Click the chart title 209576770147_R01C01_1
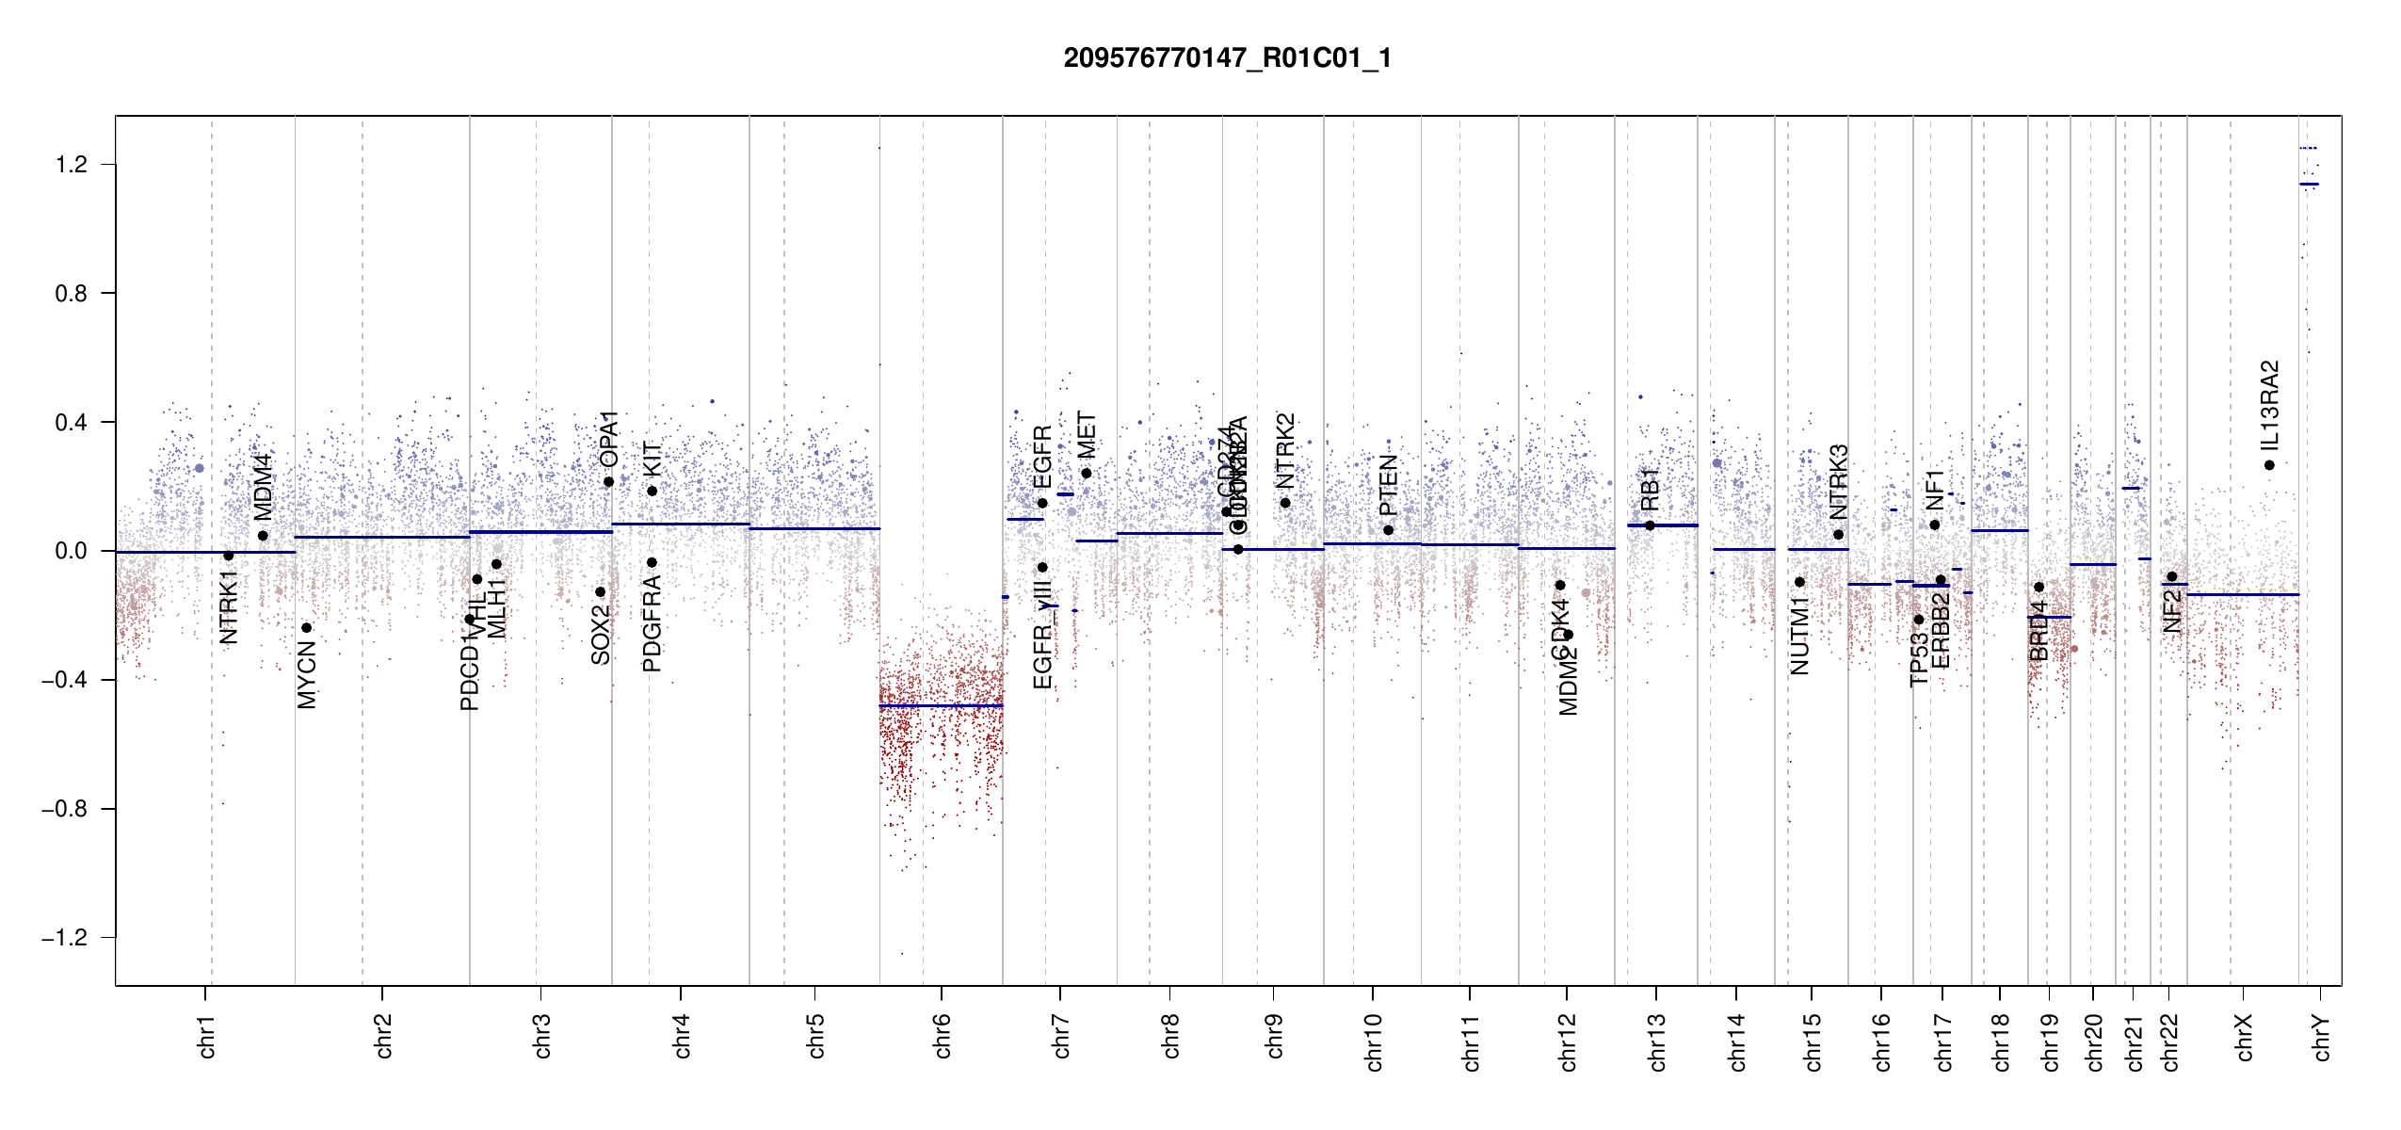(x=1227, y=58)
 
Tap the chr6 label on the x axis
(x=943, y=1036)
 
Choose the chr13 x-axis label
(x=1657, y=1041)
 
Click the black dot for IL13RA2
(x=2269, y=465)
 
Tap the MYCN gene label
(x=307, y=674)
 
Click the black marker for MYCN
(x=306, y=628)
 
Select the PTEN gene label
(x=1388, y=485)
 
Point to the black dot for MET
(x=1087, y=474)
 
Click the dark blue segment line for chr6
(x=941, y=705)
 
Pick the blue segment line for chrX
(x=2242, y=594)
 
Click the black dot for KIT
(x=652, y=491)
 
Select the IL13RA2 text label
(x=2269, y=405)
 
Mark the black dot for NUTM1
(x=1799, y=582)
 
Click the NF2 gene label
(x=2172, y=610)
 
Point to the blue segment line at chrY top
(x=2309, y=184)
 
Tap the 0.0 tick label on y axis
(x=72, y=551)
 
